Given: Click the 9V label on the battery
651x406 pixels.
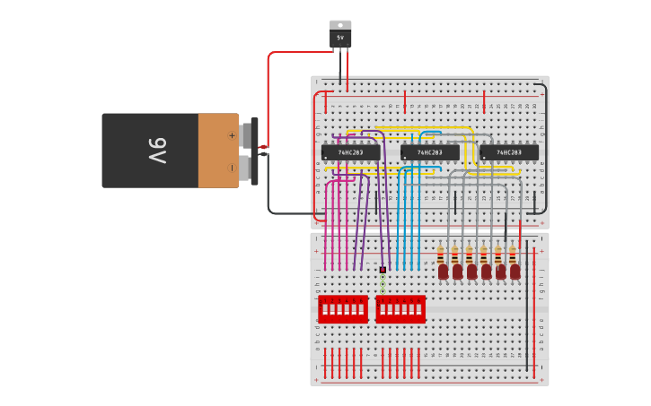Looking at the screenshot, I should pos(157,151).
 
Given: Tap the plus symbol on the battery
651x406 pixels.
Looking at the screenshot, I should pos(232,136).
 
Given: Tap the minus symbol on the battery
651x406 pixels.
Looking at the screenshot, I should pos(232,167).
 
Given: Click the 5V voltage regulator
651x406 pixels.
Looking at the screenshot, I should pos(340,38).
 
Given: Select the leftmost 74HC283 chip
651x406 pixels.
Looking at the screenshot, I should pos(350,152).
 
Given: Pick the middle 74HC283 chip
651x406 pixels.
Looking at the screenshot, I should pos(429,152).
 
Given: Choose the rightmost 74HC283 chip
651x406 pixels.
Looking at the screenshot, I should pos(509,152).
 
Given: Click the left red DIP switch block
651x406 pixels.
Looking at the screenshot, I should pos(343,309).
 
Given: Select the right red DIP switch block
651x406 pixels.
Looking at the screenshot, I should pos(400,309).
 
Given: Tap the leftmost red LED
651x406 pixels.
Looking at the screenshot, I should pos(443,271).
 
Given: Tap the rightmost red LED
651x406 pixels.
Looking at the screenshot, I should pos(515,271).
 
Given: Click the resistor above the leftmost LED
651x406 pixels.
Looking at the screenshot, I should pos(441,254).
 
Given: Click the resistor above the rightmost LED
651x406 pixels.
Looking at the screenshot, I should pos(513,254).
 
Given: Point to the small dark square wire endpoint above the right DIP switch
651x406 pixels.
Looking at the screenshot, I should pos(383,270).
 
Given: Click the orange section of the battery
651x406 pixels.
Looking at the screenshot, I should pos(218,151).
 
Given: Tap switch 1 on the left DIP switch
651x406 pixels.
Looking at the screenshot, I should pos(324,310).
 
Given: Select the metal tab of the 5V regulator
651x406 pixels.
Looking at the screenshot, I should pos(340,25).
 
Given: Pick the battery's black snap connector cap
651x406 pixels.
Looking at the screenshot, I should pos(255,151).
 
